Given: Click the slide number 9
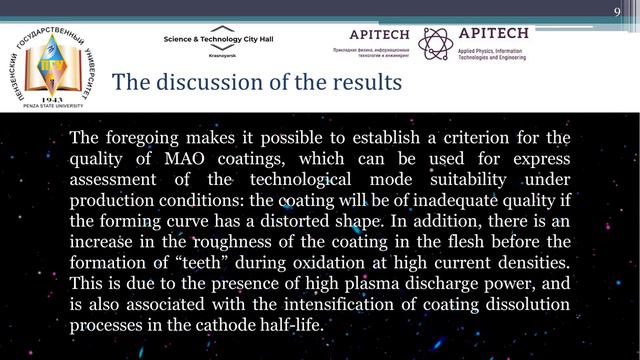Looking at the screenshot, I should [x=617, y=9].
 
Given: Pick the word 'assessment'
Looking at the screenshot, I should [x=118, y=179].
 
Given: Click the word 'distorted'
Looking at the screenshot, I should [x=306, y=221].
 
